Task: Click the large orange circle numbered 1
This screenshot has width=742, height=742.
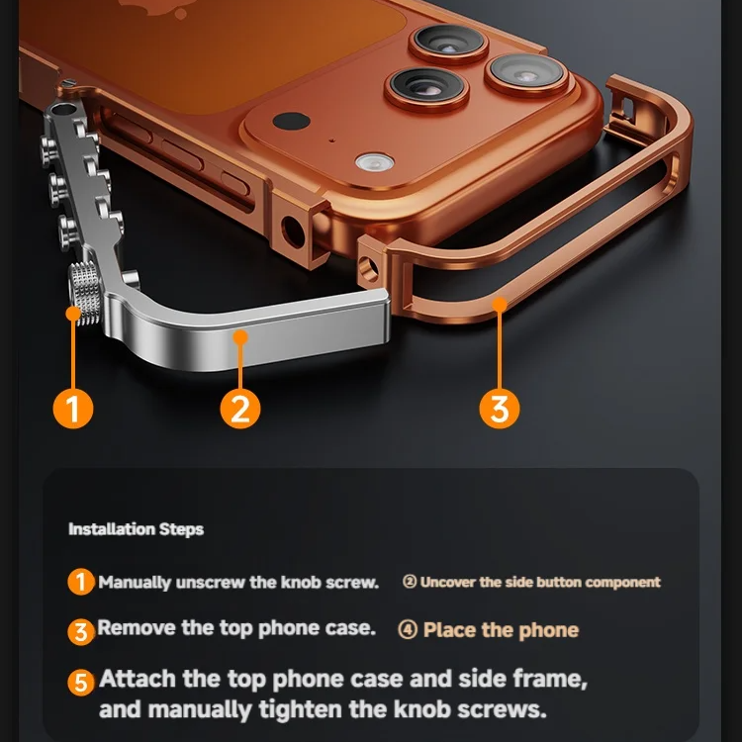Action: click(73, 407)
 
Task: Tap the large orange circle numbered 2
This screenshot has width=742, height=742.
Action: click(239, 407)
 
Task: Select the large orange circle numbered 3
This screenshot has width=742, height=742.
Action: click(500, 407)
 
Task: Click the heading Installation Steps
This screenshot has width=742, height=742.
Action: click(136, 529)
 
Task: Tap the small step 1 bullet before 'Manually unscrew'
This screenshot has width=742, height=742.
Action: click(82, 582)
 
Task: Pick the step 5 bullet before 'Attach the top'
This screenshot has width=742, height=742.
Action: click(83, 683)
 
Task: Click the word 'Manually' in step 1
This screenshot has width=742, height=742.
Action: click(136, 582)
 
